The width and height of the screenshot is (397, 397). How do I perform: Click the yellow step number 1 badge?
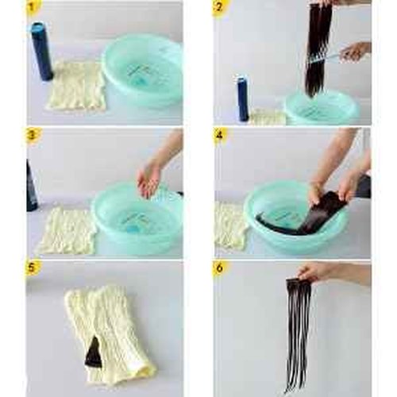click(x=32, y=7)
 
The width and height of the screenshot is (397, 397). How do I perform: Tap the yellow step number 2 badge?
click(x=218, y=7)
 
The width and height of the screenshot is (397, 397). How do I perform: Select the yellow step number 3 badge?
click(x=32, y=135)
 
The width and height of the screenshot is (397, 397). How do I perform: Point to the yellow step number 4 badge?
click(x=219, y=135)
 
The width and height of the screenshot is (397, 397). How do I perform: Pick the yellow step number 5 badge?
click(x=32, y=268)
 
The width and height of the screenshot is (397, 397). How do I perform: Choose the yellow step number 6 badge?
click(x=219, y=268)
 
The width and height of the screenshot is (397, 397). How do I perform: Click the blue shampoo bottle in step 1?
click(x=41, y=52)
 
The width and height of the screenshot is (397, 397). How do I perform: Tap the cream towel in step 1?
click(x=77, y=85)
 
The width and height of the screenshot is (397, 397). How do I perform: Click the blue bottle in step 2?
click(x=242, y=98)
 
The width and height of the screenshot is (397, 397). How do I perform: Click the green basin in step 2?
click(x=322, y=109)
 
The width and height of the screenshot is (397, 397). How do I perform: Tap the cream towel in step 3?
click(x=67, y=231)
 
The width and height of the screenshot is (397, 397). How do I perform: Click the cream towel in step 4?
click(x=229, y=227)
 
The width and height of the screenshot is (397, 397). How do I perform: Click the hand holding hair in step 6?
click(x=331, y=274)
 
